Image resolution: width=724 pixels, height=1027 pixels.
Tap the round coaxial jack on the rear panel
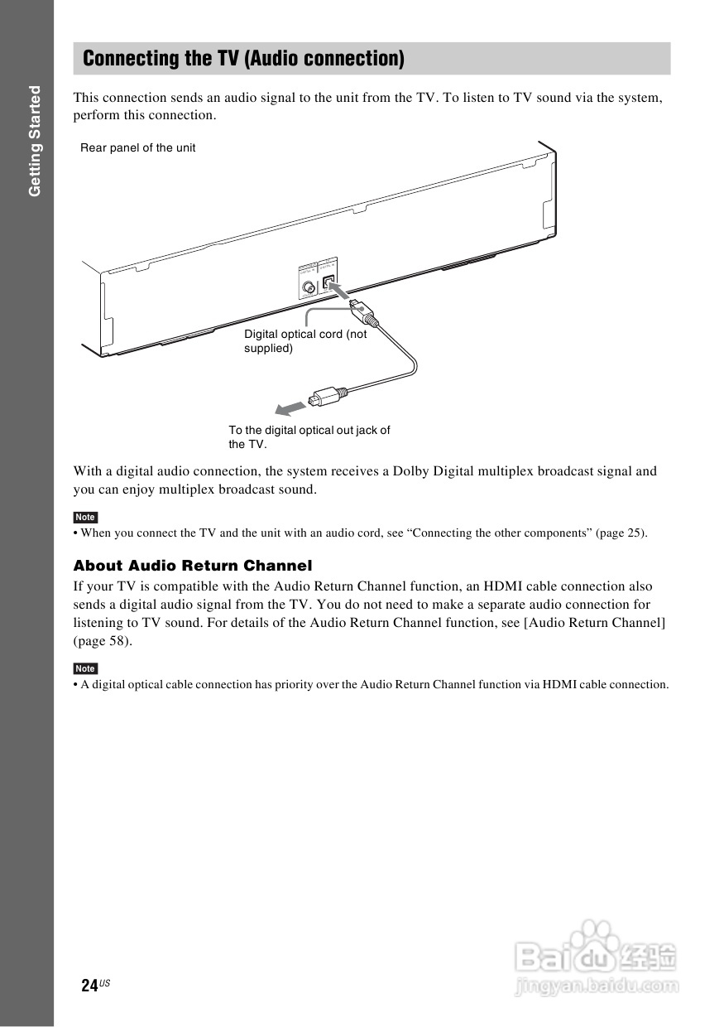pyautogui.click(x=309, y=288)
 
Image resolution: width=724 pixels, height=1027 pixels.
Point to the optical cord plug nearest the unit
pyautogui.click(x=363, y=313)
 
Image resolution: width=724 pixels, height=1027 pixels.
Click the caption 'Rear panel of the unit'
pyautogui.click(x=138, y=148)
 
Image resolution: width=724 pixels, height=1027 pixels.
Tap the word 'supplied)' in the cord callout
pyautogui.click(x=268, y=349)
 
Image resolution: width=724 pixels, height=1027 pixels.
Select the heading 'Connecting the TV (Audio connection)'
pyautogui.click(x=244, y=59)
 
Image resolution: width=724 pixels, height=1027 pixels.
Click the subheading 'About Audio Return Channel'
pyautogui.click(x=193, y=567)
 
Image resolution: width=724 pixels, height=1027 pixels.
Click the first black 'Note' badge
pyautogui.click(x=85, y=518)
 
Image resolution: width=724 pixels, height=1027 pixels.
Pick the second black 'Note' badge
pyautogui.click(x=85, y=668)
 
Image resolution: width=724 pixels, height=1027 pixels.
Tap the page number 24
pyautogui.click(x=89, y=985)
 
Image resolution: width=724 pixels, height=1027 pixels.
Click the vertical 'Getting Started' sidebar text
pyautogui.click(x=34, y=141)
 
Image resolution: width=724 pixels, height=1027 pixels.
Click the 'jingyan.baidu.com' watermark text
pyautogui.click(x=596, y=986)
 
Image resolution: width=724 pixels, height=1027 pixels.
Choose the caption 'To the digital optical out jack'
pyautogui.click(x=309, y=430)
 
